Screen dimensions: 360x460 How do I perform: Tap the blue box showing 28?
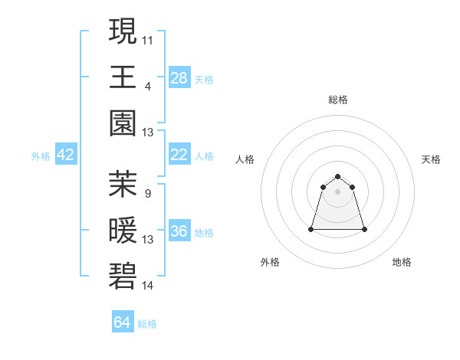pyautogui.click(x=179, y=77)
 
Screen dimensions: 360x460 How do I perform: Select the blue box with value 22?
pyautogui.click(x=179, y=155)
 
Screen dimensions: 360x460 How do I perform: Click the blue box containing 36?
pyautogui.click(x=179, y=231)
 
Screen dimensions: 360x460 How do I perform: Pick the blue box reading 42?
pyautogui.click(x=66, y=155)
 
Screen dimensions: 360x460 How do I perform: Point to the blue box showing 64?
pyautogui.click(x=123, y=322)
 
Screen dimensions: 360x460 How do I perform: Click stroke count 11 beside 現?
pyautogui.click(x=148, y=39)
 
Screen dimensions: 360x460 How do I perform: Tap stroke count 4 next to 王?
pyautogui.click(x=148, y=86)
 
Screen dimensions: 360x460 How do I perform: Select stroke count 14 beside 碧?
pyautogui.click(x=148, y=286)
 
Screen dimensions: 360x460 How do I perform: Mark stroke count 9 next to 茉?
pyautogui.click(x=148, y=193)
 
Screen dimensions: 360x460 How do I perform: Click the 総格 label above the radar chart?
pyautogui.click(x=338, y=100)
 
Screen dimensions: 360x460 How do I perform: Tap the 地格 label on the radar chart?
pyautogui.click(x=402, y=262)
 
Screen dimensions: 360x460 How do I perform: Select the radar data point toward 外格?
pyautogui.click(x=312, y=229)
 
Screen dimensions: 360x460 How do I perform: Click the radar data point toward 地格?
pyautogui.click(x=364, y=229)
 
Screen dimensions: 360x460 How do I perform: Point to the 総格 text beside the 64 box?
pyautogui.click(x=147, y=324)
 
